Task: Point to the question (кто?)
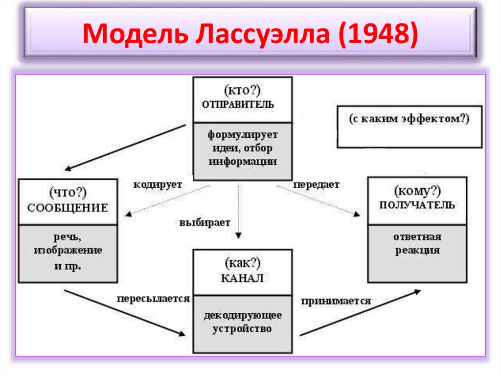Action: (242, 90)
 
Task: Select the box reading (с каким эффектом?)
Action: (409, 119)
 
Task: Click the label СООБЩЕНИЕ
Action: (68, 208)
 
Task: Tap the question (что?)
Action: (68, 193)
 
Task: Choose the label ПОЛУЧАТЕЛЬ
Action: (417, 205)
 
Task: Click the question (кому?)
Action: (417, 190)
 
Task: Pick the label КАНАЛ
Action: (242, 278)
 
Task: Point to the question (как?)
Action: (242, 264)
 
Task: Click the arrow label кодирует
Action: (158, 184)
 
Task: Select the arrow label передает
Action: (316, 184)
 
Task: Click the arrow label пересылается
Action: (153, 298)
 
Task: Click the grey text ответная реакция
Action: (417, 244)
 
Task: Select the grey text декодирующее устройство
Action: (243, 322)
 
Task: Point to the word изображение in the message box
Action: (68, 251)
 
